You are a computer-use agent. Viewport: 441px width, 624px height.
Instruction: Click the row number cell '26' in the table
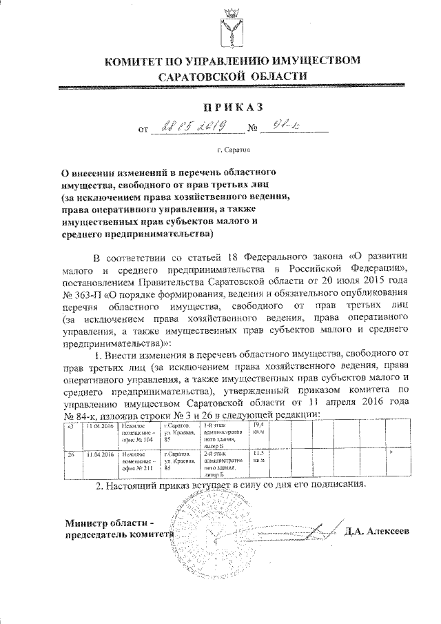[71, 455]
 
